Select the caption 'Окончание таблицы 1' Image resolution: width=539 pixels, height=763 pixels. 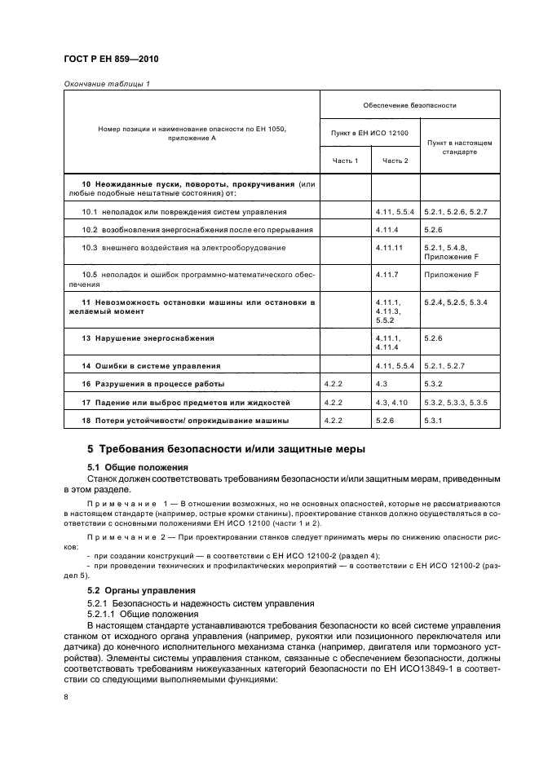101,83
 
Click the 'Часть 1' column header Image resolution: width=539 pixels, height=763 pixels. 345,161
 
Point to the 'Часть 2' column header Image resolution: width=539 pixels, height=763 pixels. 395,161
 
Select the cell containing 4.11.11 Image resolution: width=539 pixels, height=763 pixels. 391,246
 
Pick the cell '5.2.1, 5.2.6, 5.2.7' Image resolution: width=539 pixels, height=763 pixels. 455,211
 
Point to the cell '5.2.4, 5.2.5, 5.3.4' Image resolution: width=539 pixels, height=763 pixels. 455,302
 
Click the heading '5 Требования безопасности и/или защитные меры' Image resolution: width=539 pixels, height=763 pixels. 226,448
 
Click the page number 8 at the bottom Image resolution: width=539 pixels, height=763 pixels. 66,697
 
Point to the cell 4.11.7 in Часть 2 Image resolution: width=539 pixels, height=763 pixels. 388,275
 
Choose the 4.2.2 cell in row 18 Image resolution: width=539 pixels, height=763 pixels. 335,420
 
